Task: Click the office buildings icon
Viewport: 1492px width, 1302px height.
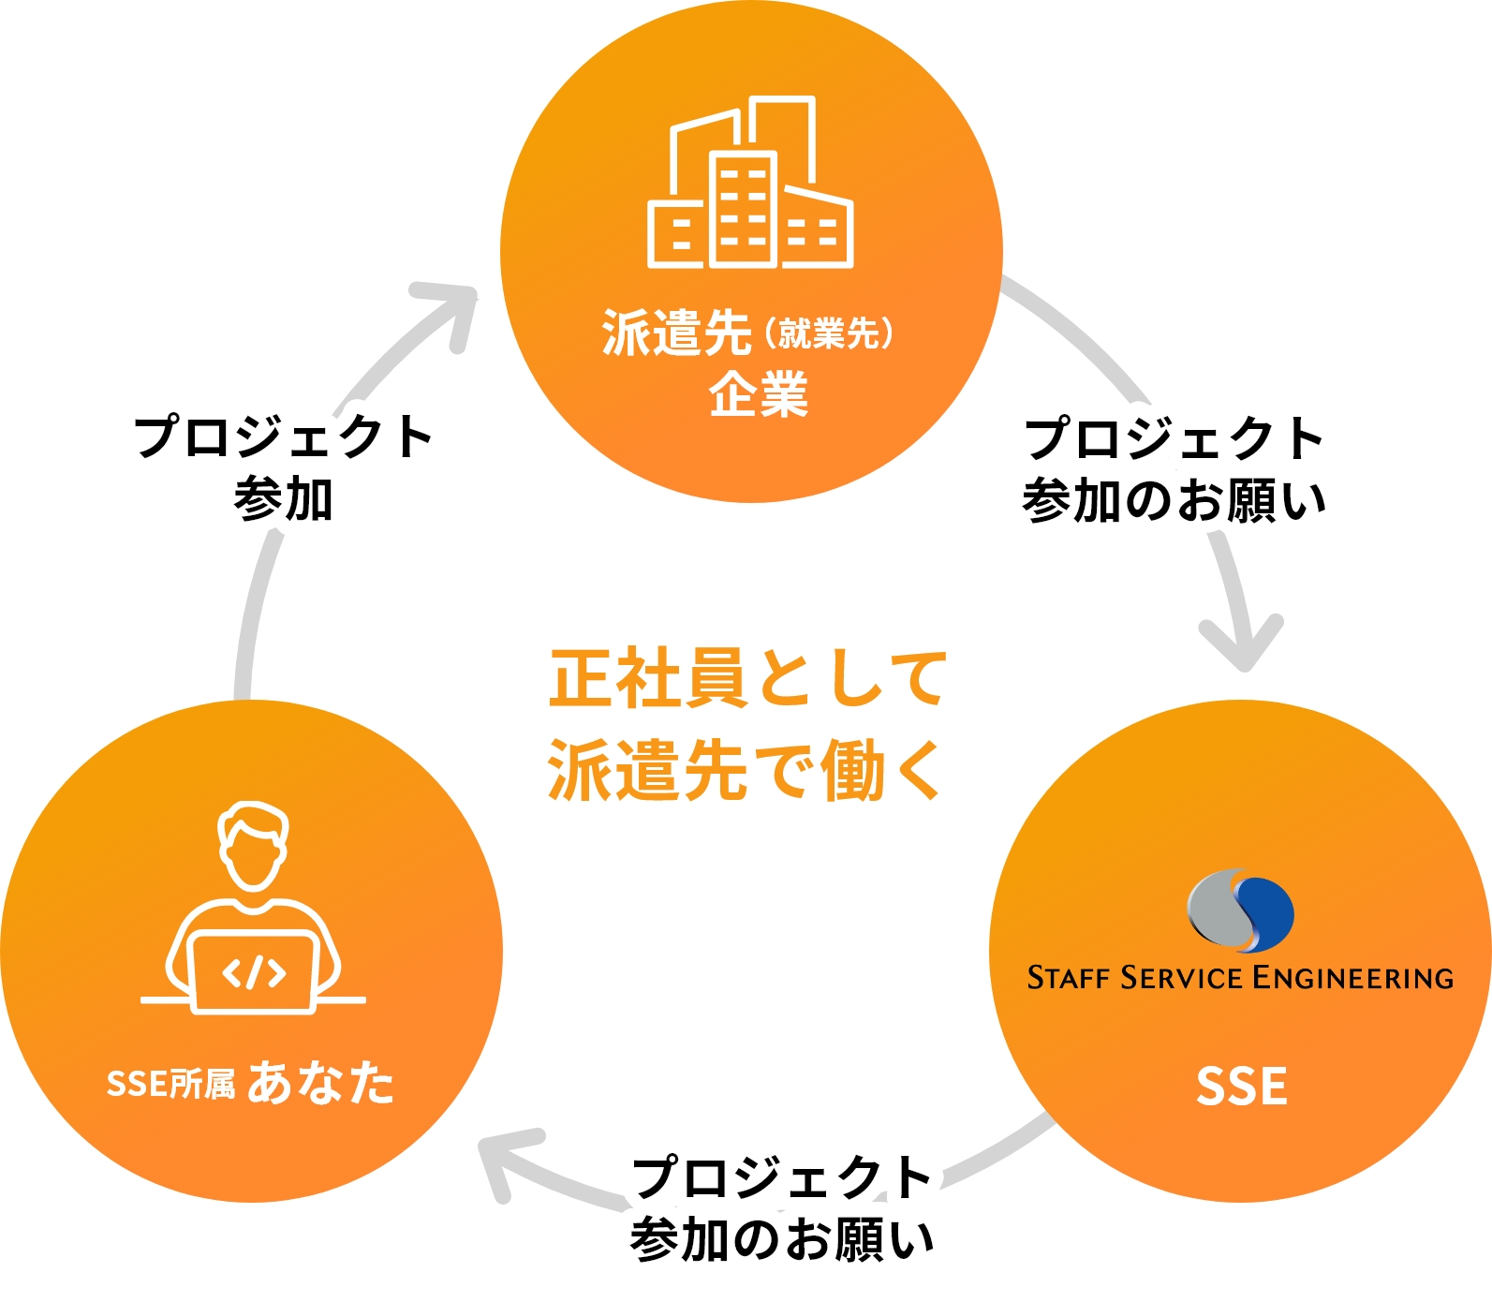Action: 750,183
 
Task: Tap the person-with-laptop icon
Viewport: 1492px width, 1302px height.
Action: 253,909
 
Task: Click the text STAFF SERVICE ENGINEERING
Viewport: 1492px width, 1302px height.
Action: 1240,978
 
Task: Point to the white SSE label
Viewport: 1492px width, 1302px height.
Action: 1241,1087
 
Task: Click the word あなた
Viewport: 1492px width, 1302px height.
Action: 320,1083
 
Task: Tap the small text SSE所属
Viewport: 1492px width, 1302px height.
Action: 170,1084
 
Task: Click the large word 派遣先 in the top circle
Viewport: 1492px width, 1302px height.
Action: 676,333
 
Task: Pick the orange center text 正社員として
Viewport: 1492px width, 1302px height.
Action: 747,678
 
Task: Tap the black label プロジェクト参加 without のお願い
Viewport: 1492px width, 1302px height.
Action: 283,466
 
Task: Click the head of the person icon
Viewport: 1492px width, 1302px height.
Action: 253,845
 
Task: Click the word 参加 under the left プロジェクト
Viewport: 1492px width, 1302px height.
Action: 283,498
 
